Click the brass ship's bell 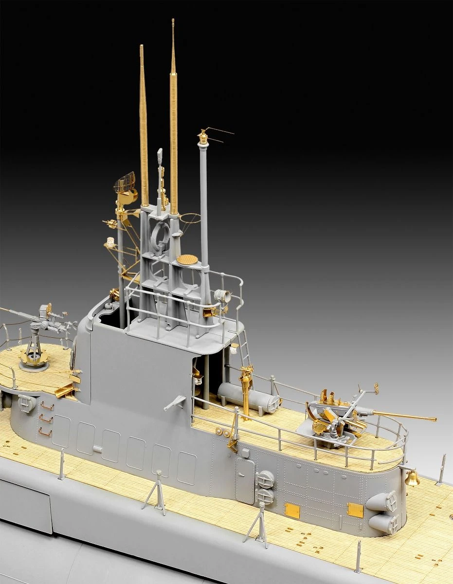413,478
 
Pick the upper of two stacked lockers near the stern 384,501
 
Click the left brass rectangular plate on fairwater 292,509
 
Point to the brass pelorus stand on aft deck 246,389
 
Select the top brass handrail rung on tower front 47,405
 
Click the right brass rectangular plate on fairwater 355,510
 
